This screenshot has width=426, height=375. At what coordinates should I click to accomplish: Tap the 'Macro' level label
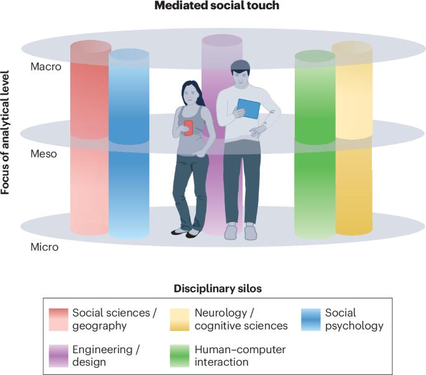point(46,67)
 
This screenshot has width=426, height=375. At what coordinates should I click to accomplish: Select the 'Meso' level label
point(44,153)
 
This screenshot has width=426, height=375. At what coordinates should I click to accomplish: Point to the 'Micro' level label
point(44,247)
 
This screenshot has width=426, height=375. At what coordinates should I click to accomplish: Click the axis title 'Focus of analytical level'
point(7,132)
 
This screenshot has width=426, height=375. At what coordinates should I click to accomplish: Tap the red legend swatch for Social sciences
point(58,319)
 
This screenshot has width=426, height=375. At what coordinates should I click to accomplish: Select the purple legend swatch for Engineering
point(58,355)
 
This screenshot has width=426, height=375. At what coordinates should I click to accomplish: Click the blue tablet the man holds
point(248,109)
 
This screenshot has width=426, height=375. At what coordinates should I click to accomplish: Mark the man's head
point(240,73)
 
